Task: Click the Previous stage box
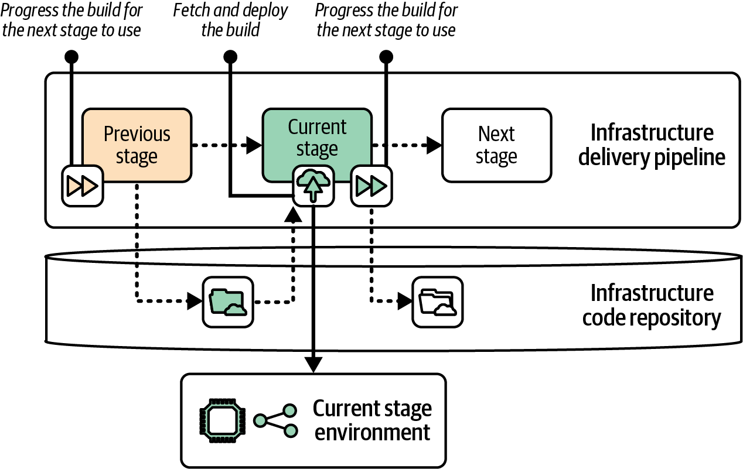point(137,145)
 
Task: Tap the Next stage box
point(496,145)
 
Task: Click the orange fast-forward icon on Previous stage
point(83,186)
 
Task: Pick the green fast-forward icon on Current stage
point(371,186)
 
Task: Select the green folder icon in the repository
point(228,302)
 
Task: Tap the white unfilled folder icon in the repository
point(438,302)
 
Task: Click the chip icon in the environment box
point(220,420)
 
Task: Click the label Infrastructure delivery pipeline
point(652,145)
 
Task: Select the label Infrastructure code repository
point(652,305)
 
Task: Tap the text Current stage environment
point(371,420)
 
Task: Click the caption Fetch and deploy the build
point(230,20)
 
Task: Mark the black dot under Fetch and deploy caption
point(230,57)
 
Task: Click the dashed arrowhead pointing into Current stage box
point(254,145)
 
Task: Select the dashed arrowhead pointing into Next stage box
point(434,145)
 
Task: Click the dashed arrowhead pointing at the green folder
point(195,302)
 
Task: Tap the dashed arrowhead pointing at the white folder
point(405,302)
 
